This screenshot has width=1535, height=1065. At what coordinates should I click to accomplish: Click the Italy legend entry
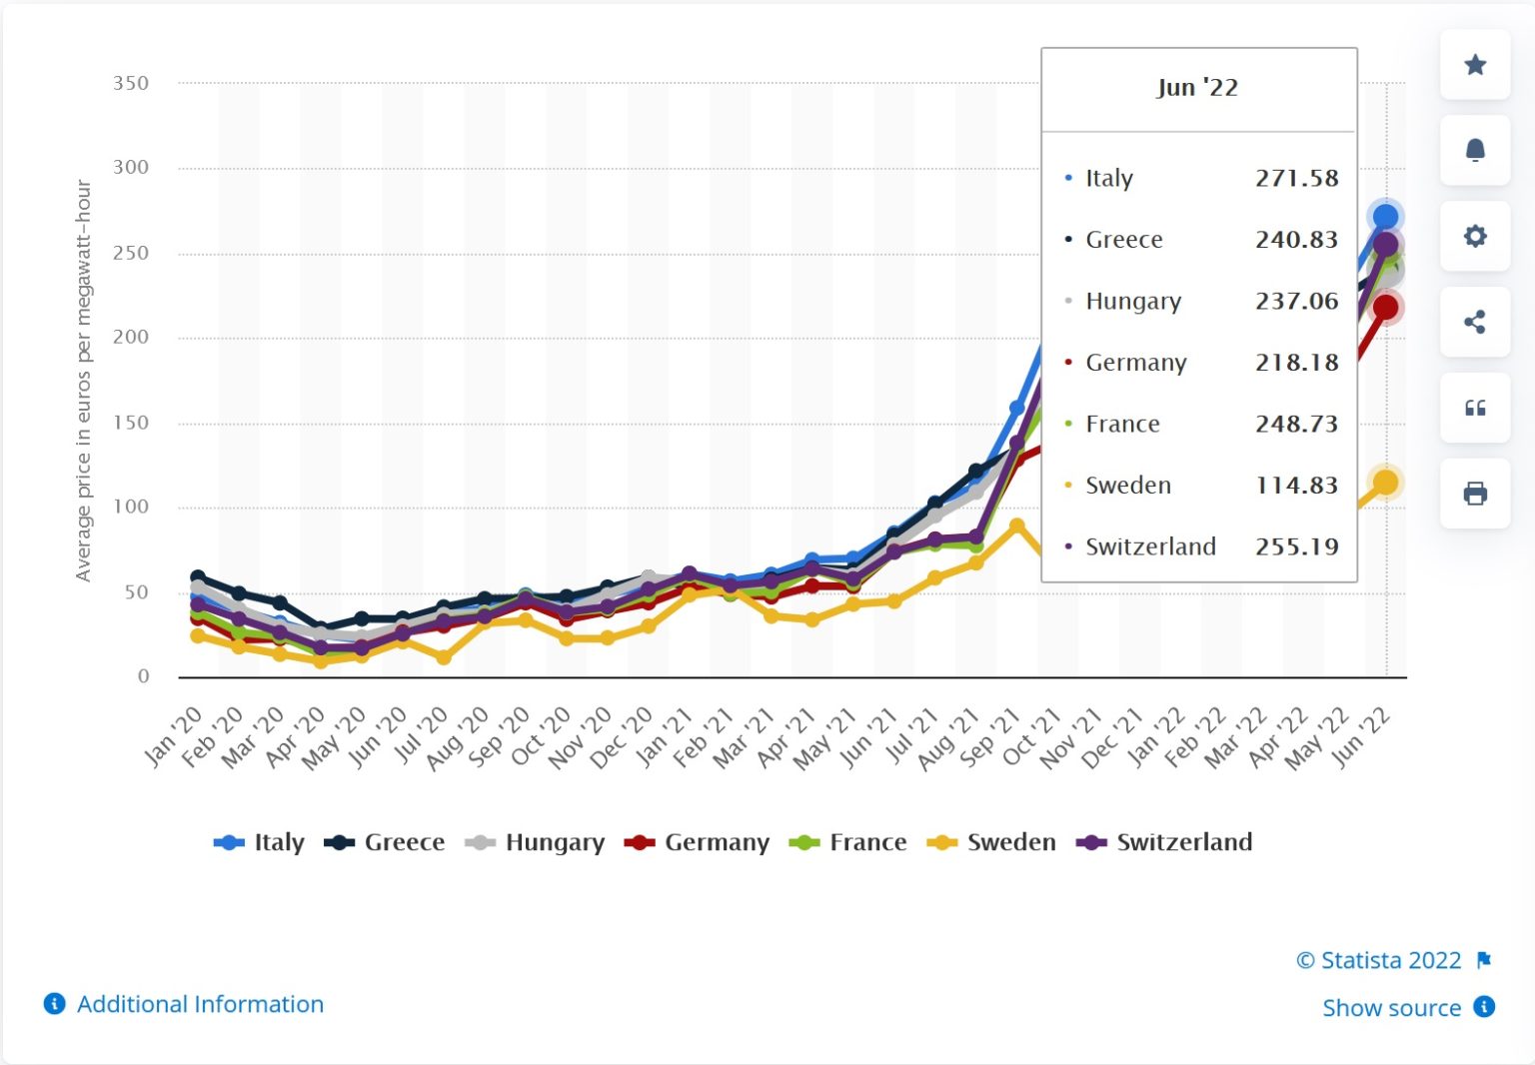pyautogui.click(x=260, y=842)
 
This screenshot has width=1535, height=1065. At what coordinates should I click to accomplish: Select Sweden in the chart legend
pyautogui.click(x=992, y=842)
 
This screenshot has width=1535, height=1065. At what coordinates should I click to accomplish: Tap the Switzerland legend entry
pyautogui.click(x=1165, y=842)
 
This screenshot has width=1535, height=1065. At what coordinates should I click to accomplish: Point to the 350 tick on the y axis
pyautogui.click(x=131, y=83)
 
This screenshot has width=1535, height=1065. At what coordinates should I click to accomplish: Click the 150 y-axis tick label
pyautogui.click(x=131, y=423)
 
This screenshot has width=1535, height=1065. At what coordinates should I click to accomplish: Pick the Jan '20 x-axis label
pyautogui.click(x=173, y=735)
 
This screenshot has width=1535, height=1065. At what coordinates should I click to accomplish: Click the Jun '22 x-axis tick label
pyautogui.click(x=1360, y=735)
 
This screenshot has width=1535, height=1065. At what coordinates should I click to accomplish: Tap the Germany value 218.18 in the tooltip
pyautogui.click(x=1296, y=363)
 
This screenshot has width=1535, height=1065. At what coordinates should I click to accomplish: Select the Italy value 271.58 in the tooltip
pyautogui.click(x=1296, y=179)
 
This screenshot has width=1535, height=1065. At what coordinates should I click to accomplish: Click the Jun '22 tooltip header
pyautogui.click(x=1197, y=88)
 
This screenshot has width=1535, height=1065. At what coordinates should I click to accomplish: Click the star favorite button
pyautogui.click(x=1474, y=65)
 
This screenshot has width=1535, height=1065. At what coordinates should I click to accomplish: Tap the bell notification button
pyautogui.click(x=1474, y=150)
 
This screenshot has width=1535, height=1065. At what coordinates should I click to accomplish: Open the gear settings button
pyautogui.click(x=1474, y=236)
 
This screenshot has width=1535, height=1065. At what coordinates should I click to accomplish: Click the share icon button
pyautogui.click(x=1474, y=322)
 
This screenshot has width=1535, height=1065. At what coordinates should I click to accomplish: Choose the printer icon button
pyautogui.click(x=1474, y=494)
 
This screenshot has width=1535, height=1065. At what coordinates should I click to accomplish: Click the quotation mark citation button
pyautogui.click(x=1474, y=408)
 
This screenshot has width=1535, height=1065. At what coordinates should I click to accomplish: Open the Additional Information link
pyautogui.click(x=200, y=1004)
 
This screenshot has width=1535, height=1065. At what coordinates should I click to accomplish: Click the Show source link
pyautogui.click(x=1391, y=1008)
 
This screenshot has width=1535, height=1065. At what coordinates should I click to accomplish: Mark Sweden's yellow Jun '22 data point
pyautogui.click(x=1385, y=483)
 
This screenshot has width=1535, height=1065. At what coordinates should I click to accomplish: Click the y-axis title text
pyautogui.click(x=83, y=381)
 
